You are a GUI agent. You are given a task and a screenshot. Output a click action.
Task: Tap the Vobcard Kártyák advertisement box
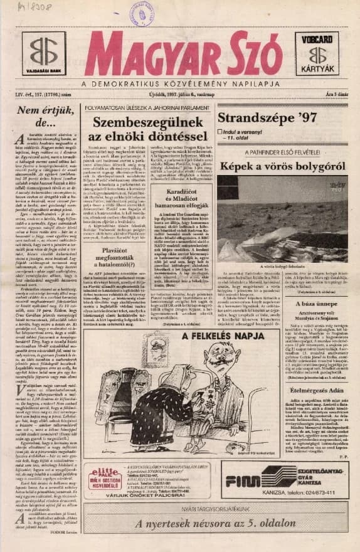pyautogui.click(x=317, y=53)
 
